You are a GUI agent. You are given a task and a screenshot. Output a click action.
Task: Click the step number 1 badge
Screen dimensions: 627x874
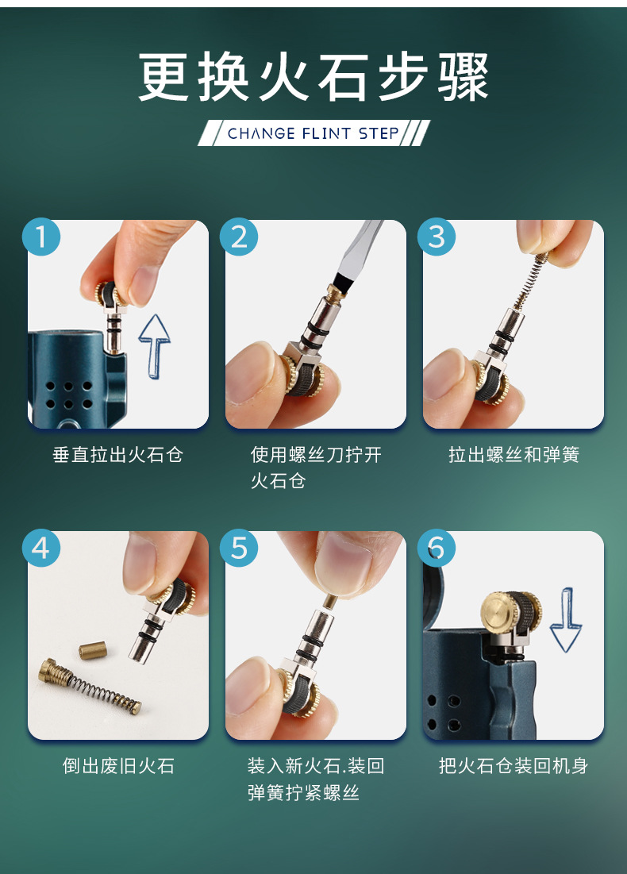(x=41, y=237)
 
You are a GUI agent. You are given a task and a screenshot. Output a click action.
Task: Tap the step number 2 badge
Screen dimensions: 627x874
(x=239, y=237)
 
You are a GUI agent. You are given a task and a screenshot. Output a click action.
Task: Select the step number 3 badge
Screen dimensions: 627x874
(x=437, y=237)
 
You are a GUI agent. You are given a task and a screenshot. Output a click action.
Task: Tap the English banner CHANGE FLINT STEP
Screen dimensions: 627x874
(x=313, y=133)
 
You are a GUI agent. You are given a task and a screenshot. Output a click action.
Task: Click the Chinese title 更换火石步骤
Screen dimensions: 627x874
(x=313, y=77)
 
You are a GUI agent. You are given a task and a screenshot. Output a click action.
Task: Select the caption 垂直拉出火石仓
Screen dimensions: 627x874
(x=117, y=455)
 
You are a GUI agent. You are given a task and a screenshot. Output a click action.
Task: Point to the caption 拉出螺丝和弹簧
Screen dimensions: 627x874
(x=514, y=455)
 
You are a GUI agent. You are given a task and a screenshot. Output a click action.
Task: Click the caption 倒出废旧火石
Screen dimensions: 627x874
(x=118, y=766)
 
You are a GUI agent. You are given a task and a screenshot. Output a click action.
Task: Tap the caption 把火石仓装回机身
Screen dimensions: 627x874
(x=514, y=766)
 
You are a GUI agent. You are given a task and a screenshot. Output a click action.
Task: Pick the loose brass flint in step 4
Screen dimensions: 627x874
(x=93, y=650)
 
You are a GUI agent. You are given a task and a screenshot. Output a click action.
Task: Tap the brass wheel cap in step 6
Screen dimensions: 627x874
(x=498, y=611)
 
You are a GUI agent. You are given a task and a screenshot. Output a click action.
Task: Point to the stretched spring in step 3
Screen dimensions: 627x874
(x=529, y=283)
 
